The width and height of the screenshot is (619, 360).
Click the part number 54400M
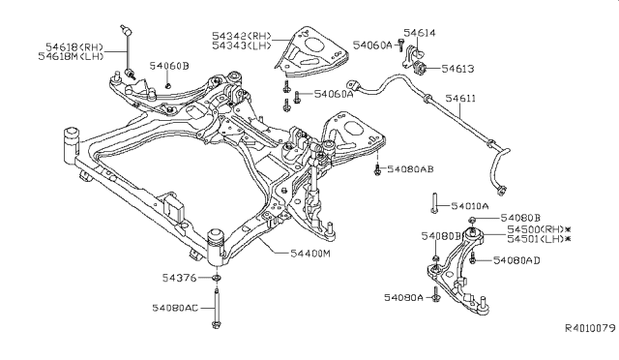[310, 254]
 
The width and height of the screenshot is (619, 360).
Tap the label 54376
[179, 278]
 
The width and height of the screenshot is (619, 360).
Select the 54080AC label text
[175, 308]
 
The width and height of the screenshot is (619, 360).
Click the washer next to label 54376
[217, 278]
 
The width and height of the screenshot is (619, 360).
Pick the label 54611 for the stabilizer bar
[460, 99]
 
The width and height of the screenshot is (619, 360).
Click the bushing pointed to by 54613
[419, 68]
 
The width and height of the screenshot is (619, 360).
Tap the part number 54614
[419, 33]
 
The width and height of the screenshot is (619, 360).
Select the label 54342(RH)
[242, 36]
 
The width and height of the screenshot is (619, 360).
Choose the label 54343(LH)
[242, 45]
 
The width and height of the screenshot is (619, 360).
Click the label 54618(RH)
[74, 47]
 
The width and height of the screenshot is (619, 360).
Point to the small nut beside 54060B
[168, 85]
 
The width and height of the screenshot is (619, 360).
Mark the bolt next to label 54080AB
[377, 170]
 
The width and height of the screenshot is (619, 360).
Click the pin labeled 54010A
[434, 203]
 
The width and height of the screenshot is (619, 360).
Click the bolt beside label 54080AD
[472, 258]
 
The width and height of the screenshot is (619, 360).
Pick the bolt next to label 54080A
[435, 294]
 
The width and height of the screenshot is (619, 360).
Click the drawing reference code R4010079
[590, 328]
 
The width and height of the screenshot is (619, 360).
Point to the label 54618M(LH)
[71, 56]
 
